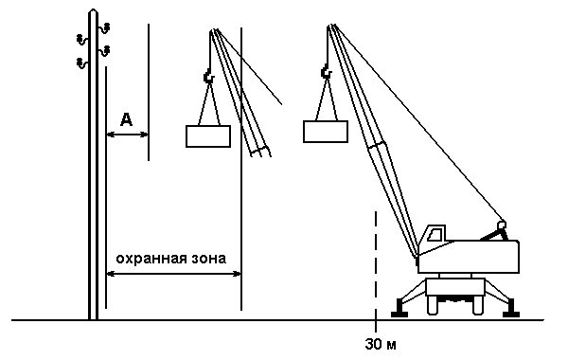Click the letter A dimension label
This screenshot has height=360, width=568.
(126, 119)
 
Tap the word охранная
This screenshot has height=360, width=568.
(151, 259)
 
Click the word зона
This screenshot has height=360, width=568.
(208, 259)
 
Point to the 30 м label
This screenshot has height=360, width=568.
(381, 344)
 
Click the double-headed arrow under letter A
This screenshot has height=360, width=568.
(127, 135)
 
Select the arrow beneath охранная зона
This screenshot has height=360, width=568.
(173, 274)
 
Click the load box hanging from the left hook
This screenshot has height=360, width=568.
(208, 136)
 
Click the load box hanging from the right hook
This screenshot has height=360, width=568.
(326, 132)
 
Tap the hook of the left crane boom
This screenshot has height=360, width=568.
(209, 77)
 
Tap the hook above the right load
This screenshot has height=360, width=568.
(326, 72)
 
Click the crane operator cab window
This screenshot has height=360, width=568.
(435, 235)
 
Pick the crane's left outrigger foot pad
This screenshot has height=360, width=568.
(399, 309)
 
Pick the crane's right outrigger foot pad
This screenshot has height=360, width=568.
(511, 309)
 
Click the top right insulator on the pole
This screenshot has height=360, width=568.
(105, 27)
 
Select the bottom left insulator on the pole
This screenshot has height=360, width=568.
(82, 63)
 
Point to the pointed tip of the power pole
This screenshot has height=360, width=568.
(93, 9)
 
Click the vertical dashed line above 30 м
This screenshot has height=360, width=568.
(376, 272)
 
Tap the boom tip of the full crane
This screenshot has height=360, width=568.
(331, 26)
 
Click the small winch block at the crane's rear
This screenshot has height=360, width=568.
(502, 225)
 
